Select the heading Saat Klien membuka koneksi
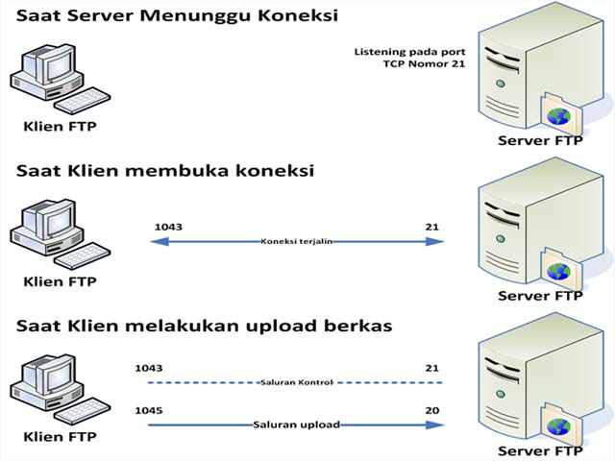point(164,171)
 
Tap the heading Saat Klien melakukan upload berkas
point(204,325)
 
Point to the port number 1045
point(149,410)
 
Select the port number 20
point(432,410)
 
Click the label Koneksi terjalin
point(296,242)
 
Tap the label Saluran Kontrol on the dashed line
point(296,381)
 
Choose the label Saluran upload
point(296,424)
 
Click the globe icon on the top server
point(557,115)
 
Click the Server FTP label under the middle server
point(540,296)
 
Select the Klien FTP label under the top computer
point(60,125)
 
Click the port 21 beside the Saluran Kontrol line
point(432,368)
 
